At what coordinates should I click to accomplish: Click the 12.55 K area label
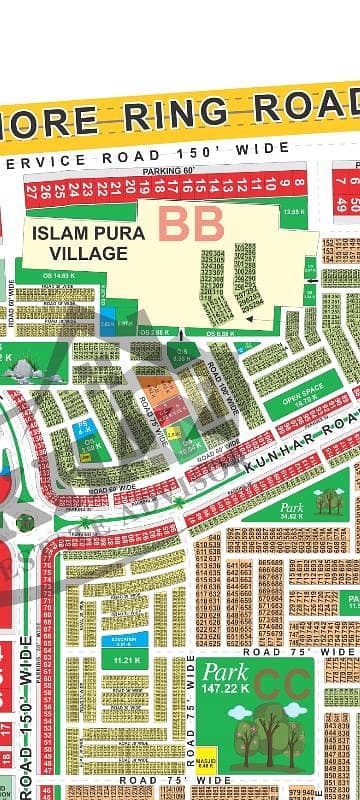click(292, 212)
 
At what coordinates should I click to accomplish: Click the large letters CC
click(281, 683)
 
